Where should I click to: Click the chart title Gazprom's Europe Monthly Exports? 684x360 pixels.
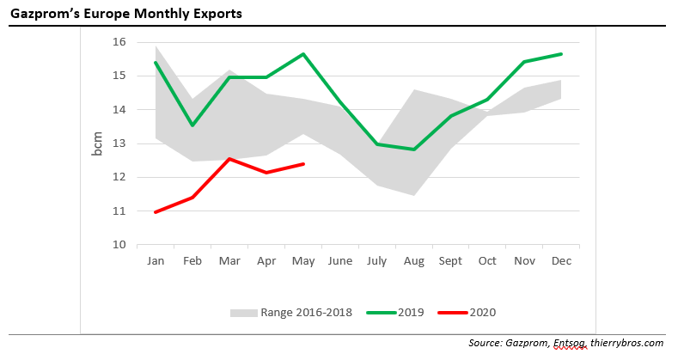pyautogui.click(x=126, y=14)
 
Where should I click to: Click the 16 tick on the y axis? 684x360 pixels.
pyautogui.click(x=119, y=42)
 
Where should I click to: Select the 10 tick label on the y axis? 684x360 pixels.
pyautogui.click(x=119, y=245)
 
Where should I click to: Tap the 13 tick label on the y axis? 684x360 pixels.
pyautogui.click(x=119, y=143)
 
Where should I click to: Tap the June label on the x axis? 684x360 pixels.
pyautogui.click(x=340, y=259)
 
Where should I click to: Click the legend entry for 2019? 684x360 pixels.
pyautogui.click(x=395, y=312)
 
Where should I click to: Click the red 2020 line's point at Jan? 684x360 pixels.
pyautogui.click(x=155, y=212)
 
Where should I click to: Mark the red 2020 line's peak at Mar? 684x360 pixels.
pyautogui.click(x=229, y=159)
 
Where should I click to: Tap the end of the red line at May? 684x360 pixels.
pyautogui.click(x=303, y=164)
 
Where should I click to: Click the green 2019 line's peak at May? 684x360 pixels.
pyautogui.click(x=303, y=54)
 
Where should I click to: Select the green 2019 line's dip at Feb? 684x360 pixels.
pyautogui.click(x=192, y=125)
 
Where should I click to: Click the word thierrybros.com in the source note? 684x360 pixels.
pyautogui.click(x=626, y=343)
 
